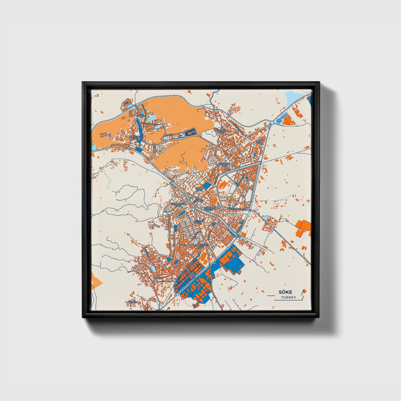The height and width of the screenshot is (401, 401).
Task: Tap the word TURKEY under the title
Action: pos(288,297)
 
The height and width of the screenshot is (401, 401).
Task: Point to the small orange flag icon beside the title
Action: pos(304,291)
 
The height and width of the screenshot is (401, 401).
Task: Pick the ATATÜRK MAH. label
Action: pos(225,165)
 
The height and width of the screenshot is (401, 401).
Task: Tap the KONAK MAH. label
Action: pos(200,189)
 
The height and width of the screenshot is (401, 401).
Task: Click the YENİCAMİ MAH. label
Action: pos(210,209)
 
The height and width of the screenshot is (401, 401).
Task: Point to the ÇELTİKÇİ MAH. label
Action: pos(199,222)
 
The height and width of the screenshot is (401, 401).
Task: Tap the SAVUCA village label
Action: pos(158,278)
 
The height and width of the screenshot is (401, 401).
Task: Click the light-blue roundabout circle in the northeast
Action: pos(272,123)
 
